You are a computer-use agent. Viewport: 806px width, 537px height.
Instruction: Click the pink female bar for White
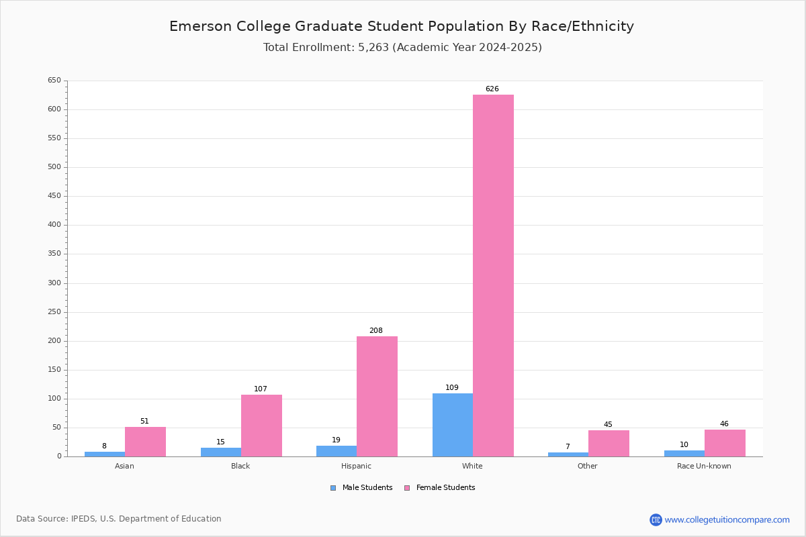click(x=493, y=275)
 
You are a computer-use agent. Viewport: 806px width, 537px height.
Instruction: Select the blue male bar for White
click(x=453, y=425)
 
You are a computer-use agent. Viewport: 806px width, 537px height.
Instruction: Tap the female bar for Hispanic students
click(x=377, y=396)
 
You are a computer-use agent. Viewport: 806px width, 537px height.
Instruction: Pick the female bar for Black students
click(x=261, y=426)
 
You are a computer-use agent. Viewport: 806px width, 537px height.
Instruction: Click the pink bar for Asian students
click(x=145, y=442)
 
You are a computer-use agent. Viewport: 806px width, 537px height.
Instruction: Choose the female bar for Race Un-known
click(x=725, y=443)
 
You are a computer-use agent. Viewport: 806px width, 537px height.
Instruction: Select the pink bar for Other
click(x=609, y=443)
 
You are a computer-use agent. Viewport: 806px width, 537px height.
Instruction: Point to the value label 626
click(x=492, y=89)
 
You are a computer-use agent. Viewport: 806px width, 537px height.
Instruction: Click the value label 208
click(x=376, y=330)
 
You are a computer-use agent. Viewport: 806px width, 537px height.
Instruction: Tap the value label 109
click(x=452, y=387)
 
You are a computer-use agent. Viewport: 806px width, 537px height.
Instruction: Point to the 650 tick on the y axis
click(x=54, y=81)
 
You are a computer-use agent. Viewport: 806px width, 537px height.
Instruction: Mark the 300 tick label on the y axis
click(x=54, y=283)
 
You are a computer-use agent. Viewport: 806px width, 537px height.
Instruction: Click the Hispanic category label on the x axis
click(x=356, y=466)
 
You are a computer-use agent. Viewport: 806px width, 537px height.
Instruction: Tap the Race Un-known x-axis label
click(x=704, y=466)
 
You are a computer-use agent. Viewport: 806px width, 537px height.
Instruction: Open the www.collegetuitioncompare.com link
click(x=727, y=520)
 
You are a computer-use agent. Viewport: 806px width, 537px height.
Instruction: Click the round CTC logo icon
click(x=656, y=520)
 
